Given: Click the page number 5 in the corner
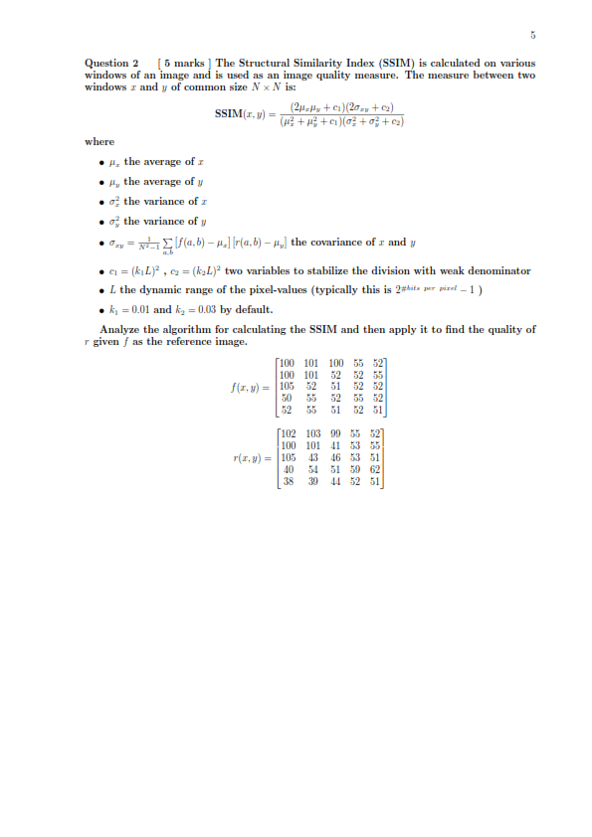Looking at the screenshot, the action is pyautogui.click(x=533, y=37).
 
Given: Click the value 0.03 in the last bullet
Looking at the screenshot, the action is pyautogui.click(x=202, y=308).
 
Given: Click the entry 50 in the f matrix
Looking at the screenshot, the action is pyautogui.click(x=289, y=398).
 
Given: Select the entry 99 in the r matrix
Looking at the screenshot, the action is pyautogui.click(x=335, y=433).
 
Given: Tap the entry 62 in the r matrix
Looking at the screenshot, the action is pyautogui.click(x=375, y=469).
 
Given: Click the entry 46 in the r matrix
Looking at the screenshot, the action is pyautogui.click(x=335, y=457).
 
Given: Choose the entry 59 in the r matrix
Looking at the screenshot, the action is pyautogui.click(x=356, y=469).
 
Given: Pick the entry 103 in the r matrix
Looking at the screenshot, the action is pyautogui.click(x=312, y=433).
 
